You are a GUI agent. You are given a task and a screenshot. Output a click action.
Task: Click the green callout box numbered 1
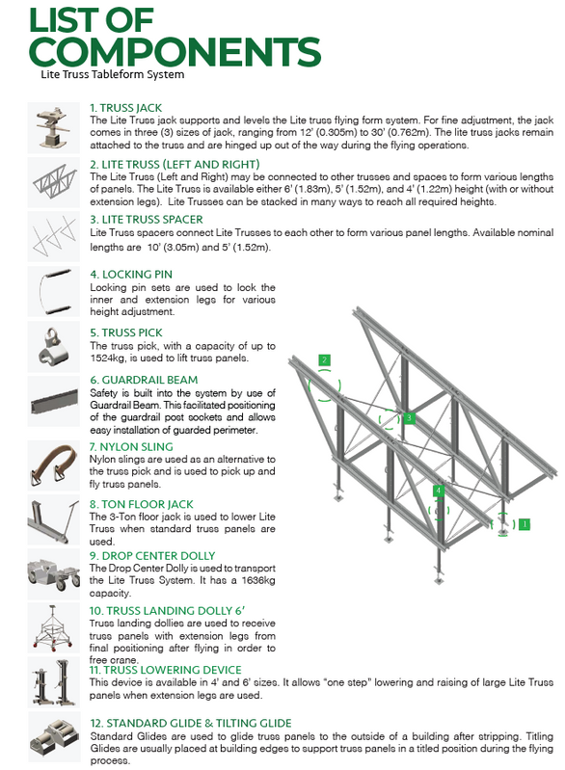[525, 524]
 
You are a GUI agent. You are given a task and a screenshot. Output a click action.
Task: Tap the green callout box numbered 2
[324, 360]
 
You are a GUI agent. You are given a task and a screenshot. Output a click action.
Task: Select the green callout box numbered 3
[409, 418]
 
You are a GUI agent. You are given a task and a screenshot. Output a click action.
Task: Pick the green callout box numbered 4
[439, 491]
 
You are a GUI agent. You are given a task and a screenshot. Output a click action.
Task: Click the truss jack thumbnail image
[53, 127]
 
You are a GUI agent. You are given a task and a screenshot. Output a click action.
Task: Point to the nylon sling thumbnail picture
[53, 465]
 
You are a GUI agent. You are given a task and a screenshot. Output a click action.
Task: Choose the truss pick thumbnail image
[53, 347]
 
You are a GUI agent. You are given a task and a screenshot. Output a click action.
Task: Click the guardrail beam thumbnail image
[53, 401]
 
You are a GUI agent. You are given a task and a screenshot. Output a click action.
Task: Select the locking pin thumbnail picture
[53, 292]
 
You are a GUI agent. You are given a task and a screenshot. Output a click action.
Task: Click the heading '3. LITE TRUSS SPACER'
[147, 220]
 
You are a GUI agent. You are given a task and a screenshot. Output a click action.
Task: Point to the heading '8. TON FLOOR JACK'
[142, 504]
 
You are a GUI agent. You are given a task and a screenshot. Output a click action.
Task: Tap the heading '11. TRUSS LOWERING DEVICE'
[165, 670]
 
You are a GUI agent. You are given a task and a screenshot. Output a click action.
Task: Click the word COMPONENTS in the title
[175, 52]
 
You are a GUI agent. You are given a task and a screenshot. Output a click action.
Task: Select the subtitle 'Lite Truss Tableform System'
[113, 74]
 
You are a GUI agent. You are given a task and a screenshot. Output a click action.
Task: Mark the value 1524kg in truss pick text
[107, 358]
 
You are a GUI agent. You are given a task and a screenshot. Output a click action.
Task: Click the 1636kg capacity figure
[258, 580]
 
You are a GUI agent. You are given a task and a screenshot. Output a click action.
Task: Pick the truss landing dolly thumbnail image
[53, 628]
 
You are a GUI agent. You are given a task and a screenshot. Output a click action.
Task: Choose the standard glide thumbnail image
[53, 737]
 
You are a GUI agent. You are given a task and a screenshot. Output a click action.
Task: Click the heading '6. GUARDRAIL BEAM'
[144, 380]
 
